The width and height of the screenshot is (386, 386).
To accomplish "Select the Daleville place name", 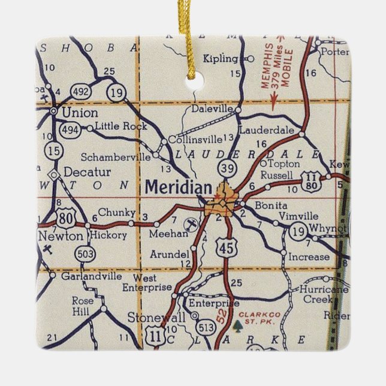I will pos(213,109).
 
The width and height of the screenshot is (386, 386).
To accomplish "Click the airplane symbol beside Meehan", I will pos(190,224).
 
